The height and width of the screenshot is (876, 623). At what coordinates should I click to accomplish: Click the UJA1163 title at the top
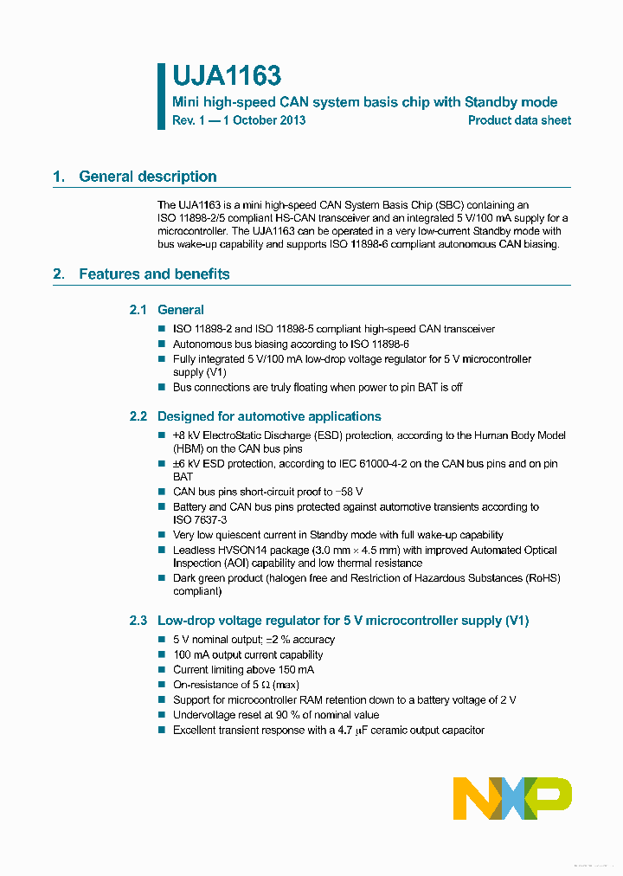pos(226,77)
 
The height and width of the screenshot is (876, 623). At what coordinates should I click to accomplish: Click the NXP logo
pos(512,797)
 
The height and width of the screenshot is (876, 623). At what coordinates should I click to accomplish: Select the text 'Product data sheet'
pos(519,120)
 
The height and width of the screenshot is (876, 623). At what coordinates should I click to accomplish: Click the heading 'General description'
pos(147,177)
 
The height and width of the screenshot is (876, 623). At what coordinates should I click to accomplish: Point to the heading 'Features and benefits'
pos(154,274)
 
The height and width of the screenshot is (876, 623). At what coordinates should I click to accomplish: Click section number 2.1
pos(138,310)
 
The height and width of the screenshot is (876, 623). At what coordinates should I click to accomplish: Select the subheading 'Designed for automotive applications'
pos(269,416)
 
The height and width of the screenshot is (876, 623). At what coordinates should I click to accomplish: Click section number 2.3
pos(138,621)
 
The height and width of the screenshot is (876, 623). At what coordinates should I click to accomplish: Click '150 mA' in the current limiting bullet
pos(296,670)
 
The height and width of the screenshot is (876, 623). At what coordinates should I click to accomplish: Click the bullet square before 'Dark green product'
pos(161,578)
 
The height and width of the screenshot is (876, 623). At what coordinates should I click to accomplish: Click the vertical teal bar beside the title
pos(161,96)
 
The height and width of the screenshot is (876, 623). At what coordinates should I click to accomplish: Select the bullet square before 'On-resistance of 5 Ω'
pos(161,685)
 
